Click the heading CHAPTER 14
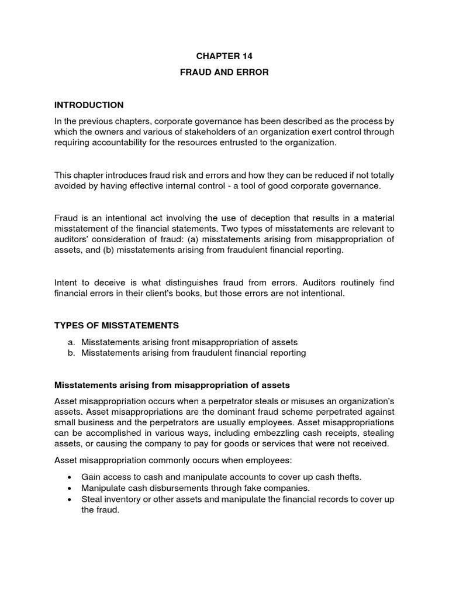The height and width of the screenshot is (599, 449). pyautogui.click(x=224, y=56)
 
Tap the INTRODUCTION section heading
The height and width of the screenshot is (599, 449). pyautogui.click(x=89, y=105)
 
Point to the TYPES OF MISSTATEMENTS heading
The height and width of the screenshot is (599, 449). pyautogui.click(x=116, y=325)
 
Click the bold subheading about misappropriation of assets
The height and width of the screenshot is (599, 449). pyautogui.click(x=172, y=385)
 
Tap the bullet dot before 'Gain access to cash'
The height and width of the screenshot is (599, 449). pyautogui.click(x=70, y=477)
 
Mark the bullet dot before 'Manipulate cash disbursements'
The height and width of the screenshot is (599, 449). pyautogui.click(x=70, y=488)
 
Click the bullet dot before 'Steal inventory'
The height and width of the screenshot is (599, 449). pyautogui.click(x=70, y=500)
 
